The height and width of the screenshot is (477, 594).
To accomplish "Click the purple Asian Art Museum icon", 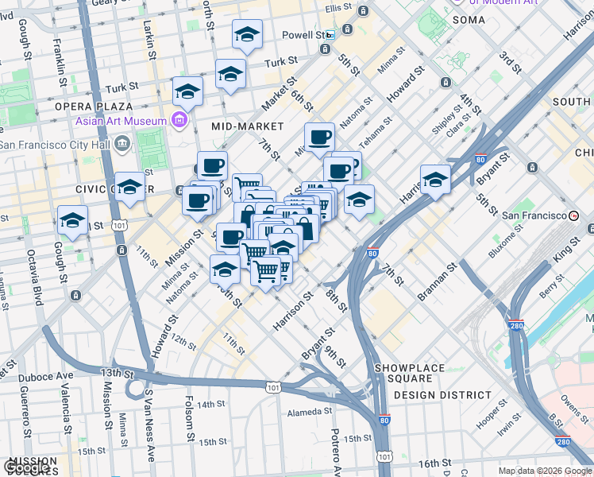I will (179, 121).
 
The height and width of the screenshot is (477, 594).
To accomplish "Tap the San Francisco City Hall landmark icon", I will (121, 144).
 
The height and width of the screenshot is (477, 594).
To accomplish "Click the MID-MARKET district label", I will (248, 126).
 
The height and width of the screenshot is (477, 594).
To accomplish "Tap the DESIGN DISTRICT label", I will (442, 395).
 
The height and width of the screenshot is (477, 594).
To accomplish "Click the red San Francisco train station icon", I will (574, 215).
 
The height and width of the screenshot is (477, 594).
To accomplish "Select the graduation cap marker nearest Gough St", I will (73, 220).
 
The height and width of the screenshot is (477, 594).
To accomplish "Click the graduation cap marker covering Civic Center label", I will (130, 187).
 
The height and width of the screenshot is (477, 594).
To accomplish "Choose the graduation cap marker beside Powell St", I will (248, 34).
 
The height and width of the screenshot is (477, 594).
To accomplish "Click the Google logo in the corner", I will (28, 467).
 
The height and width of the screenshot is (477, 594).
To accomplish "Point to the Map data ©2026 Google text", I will (544, 471).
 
